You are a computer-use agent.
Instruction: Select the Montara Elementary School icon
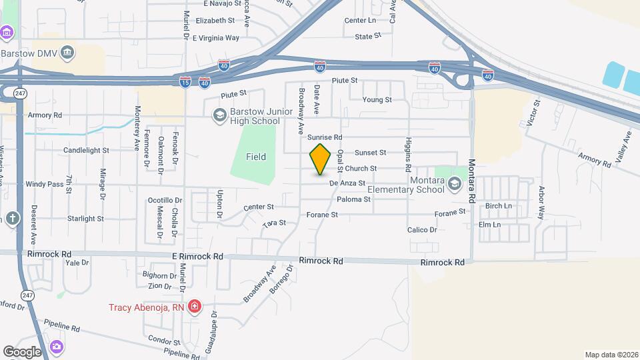(x=455, y=184)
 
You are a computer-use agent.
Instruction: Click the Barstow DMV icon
(x=67, y=53)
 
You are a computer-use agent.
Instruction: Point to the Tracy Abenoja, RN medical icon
(x=194, y=307)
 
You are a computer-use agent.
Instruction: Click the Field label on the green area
(x=255, y=157)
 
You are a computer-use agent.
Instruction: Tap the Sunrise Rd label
(x=325, y=137)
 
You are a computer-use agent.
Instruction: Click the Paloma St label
(x=353, y=199)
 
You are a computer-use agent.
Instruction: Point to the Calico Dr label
(x=422, y=230)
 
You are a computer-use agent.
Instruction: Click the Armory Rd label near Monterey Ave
(x=45, y=115)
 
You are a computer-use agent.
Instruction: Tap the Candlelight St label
(x=86, y=151)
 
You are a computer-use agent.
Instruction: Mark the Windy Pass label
(x=45, y=184)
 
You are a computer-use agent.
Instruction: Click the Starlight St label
(x=85, y=219)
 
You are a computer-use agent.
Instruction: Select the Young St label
(x=377, y=100)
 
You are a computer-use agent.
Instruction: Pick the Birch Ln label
(x=499, y=206)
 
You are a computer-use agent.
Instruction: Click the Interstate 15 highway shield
(x=185, y=81)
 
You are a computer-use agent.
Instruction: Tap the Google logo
(x=22, y=351)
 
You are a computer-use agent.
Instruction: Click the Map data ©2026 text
(x=610, y=355)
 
